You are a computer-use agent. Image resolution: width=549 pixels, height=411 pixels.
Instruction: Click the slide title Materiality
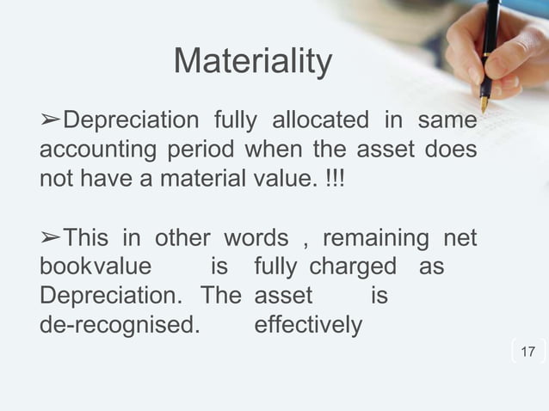pyautogui.click(x=252, y=62)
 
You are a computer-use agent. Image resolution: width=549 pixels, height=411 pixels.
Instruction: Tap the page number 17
pyautogui.click(x=527, y=352)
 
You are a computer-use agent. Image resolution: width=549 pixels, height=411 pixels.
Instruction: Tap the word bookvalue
pyautogui.click(x=96, y=267)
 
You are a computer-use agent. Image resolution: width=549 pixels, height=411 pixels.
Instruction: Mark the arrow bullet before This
pyautogui.click(x=51, y=237)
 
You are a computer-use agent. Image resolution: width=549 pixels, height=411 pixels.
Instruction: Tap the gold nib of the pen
pyautogui.click(x=484, y=104)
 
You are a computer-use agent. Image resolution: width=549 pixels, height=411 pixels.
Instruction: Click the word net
pyautogui.click(x=459, y=236)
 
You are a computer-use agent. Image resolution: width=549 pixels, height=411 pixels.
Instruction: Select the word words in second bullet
pyautogui.click(x=255, y=236)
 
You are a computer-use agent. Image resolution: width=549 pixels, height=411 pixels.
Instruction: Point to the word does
pyautogui.click(x=450, y=150)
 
